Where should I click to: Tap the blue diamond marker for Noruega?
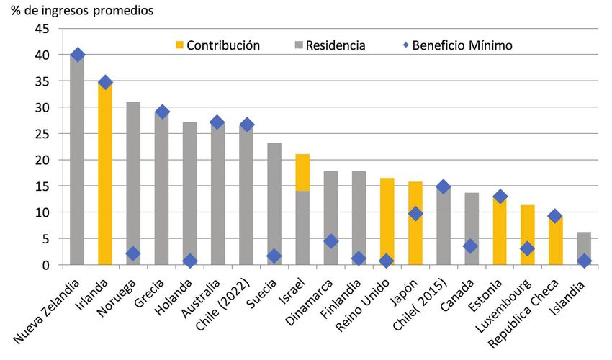tap(133, 253)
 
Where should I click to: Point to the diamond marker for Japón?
tap(415, 214)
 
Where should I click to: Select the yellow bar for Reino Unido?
tap(387, 223)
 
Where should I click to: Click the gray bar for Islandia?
tap(585, 248)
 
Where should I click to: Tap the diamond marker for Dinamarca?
tap(330, 241)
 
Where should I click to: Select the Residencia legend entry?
tap(335, 45)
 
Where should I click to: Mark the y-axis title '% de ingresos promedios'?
tap(81, 11)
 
